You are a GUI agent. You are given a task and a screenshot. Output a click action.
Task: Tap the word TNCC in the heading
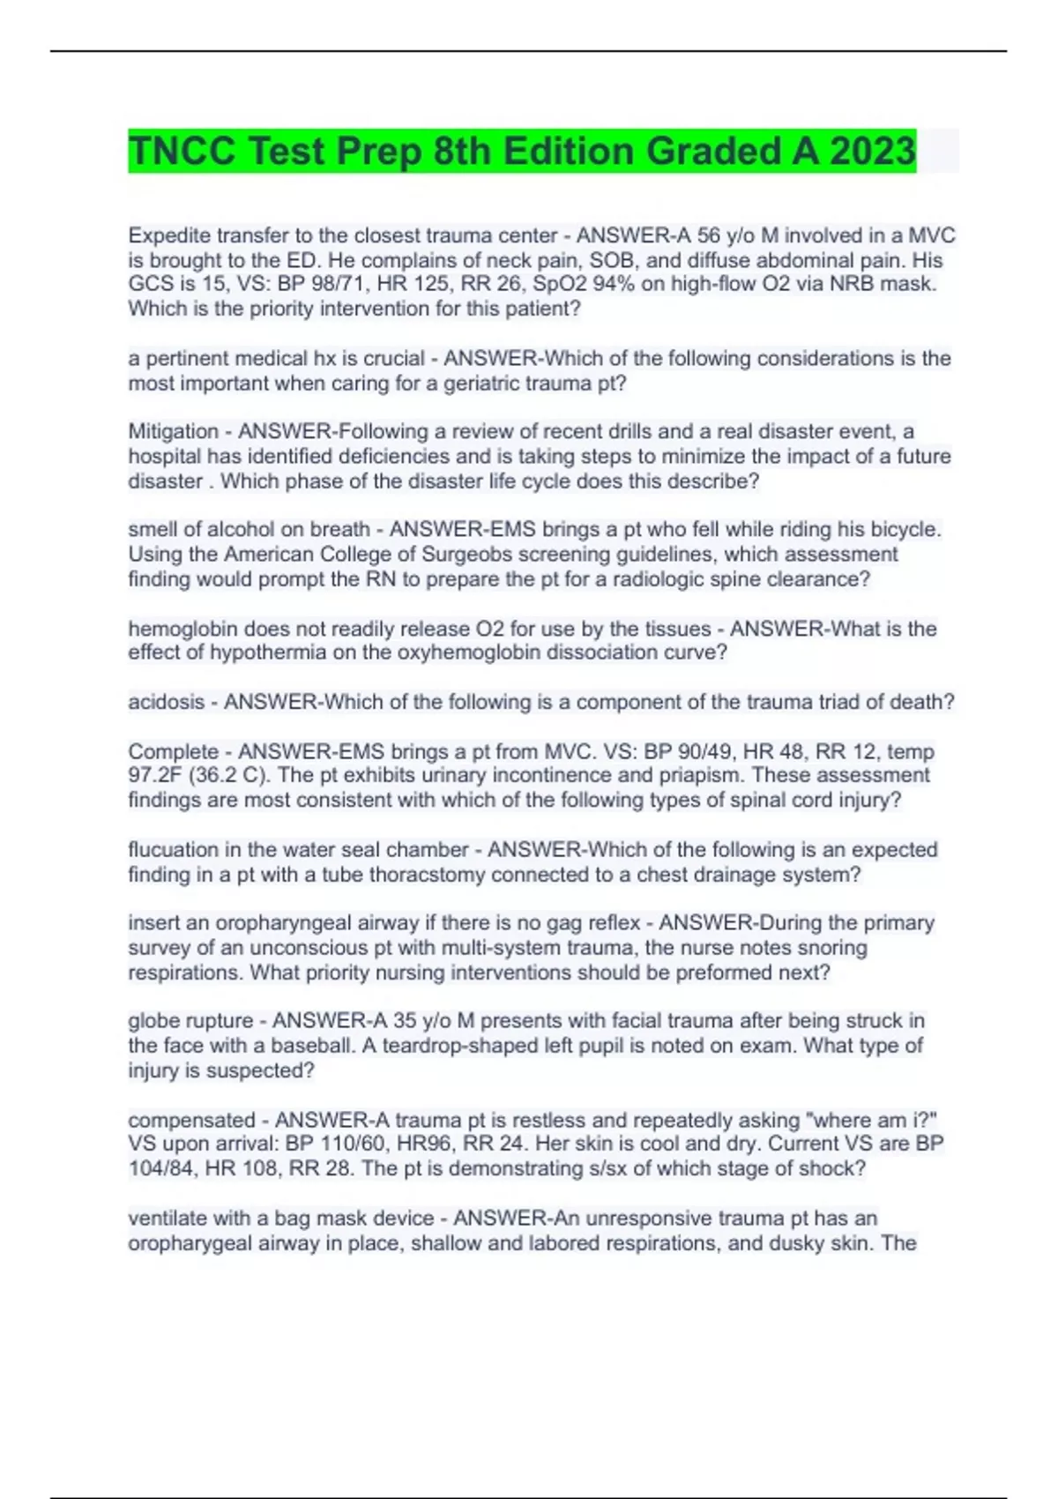coord(182,151)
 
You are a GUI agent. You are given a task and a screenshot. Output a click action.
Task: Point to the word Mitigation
coord(173,431)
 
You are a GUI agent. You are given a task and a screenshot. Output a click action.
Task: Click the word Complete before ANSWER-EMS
coord(172,751)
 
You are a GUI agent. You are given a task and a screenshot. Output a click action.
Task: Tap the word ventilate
coord(170,1218)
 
